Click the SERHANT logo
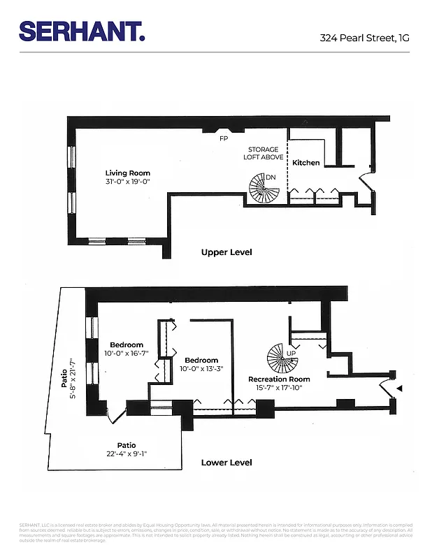[x=82, y=31]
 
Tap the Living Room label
[x=127, y=173]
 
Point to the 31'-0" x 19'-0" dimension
[x=127, y=182]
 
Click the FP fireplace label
[x=224, y=138]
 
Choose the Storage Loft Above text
[x=264, y=153]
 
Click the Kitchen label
[x=305, y=163]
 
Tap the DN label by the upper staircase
[x=271, y=177]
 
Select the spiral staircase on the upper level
[x=262, y=189]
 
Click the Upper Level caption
[x=226, y=252]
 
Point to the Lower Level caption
[x=226, y=463]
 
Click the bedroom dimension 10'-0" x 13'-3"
[x=201, y=369]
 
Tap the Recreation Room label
[x=279, y=379]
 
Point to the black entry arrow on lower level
[x=400, y=387]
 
